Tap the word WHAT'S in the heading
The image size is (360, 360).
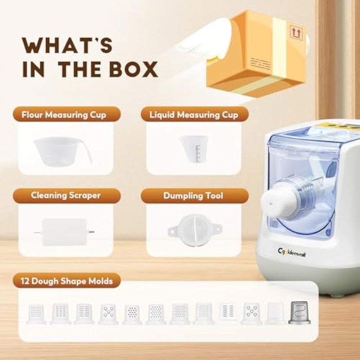click(x=67, y=45)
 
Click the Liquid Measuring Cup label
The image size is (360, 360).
click(x=194, y=115)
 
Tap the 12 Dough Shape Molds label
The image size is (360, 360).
click(x=67, y=281)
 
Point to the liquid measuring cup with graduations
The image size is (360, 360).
click(x=193, y=149)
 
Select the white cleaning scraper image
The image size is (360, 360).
click(x=64, y=232)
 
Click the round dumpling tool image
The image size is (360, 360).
click(x=195, y=230)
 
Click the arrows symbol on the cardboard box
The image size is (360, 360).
click(x=297, y=32)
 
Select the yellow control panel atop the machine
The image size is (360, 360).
click(x=342, y=126)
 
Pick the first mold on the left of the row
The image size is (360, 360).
click(x=36, y=314)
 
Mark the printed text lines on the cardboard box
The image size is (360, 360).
click(x=260, y=64)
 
